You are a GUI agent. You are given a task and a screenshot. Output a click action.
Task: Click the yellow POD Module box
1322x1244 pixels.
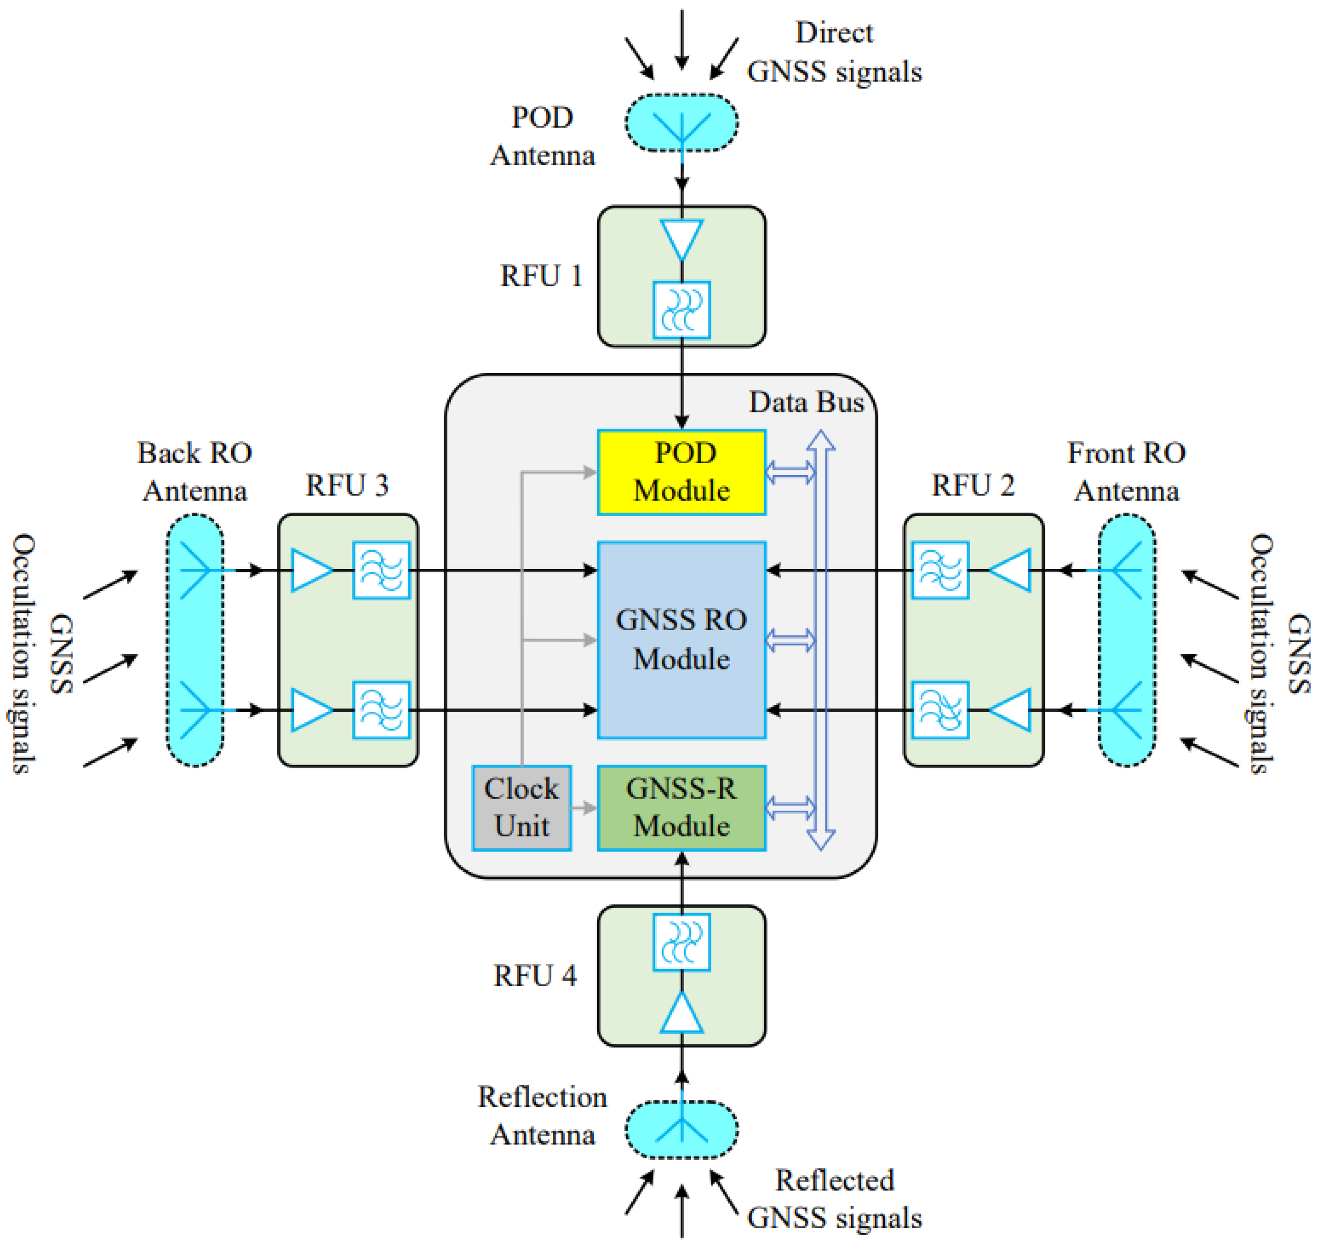click(x=681, y=472)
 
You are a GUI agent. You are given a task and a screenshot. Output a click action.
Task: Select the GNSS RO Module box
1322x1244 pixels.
click(x=681, y=640)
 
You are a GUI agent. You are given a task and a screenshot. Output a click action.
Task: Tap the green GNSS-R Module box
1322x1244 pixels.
click(x=681, y=807)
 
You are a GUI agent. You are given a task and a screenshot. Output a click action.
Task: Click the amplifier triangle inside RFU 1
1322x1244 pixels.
click(x=681, y=238)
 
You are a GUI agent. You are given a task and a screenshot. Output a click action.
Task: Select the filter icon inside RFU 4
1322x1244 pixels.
click(x=681, y=942)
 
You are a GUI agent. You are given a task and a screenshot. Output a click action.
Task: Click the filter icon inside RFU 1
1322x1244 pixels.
click(x=681, y=310)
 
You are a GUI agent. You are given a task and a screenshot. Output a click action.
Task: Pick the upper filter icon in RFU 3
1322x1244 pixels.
click(x=381, y=570)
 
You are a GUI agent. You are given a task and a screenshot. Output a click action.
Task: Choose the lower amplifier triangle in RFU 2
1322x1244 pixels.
click(x=1011, y=710)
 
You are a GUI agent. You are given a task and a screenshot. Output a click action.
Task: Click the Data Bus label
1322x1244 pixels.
click(x=806, y=402)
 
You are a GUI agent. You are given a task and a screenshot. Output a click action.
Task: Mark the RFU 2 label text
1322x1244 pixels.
click(x=973, y=485)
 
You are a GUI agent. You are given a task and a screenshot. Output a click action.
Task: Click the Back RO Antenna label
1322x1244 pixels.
click(x=194, y=471)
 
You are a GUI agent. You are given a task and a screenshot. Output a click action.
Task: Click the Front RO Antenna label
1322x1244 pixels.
click(x=1126, y=471)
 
